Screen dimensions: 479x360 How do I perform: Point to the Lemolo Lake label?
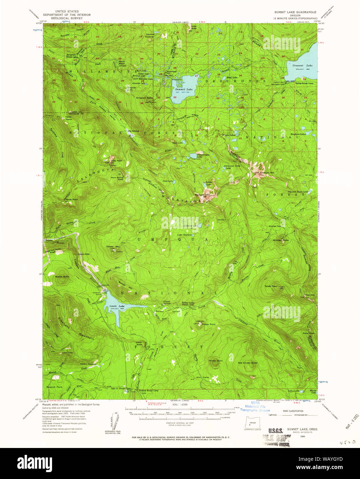coord(117,306)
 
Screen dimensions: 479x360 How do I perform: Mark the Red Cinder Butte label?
coord(248,363)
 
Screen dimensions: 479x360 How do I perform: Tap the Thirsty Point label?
coord(216,361)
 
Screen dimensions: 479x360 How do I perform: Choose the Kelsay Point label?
coord(209,324)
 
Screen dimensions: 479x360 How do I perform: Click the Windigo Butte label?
coord(281,240)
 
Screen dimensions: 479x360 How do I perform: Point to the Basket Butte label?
coord(62,276)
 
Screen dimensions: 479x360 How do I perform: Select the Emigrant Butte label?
coord(144,98)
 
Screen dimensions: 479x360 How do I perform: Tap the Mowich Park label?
coord(54,387)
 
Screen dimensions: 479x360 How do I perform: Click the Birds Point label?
coord(72,200)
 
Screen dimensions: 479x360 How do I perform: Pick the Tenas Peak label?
coord(271,286)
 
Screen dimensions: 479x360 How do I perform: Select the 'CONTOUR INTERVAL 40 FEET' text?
coord(180,423)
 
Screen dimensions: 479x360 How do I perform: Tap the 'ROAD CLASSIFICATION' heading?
coord(293,411)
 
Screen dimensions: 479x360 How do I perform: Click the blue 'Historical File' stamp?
coord(255,407)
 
